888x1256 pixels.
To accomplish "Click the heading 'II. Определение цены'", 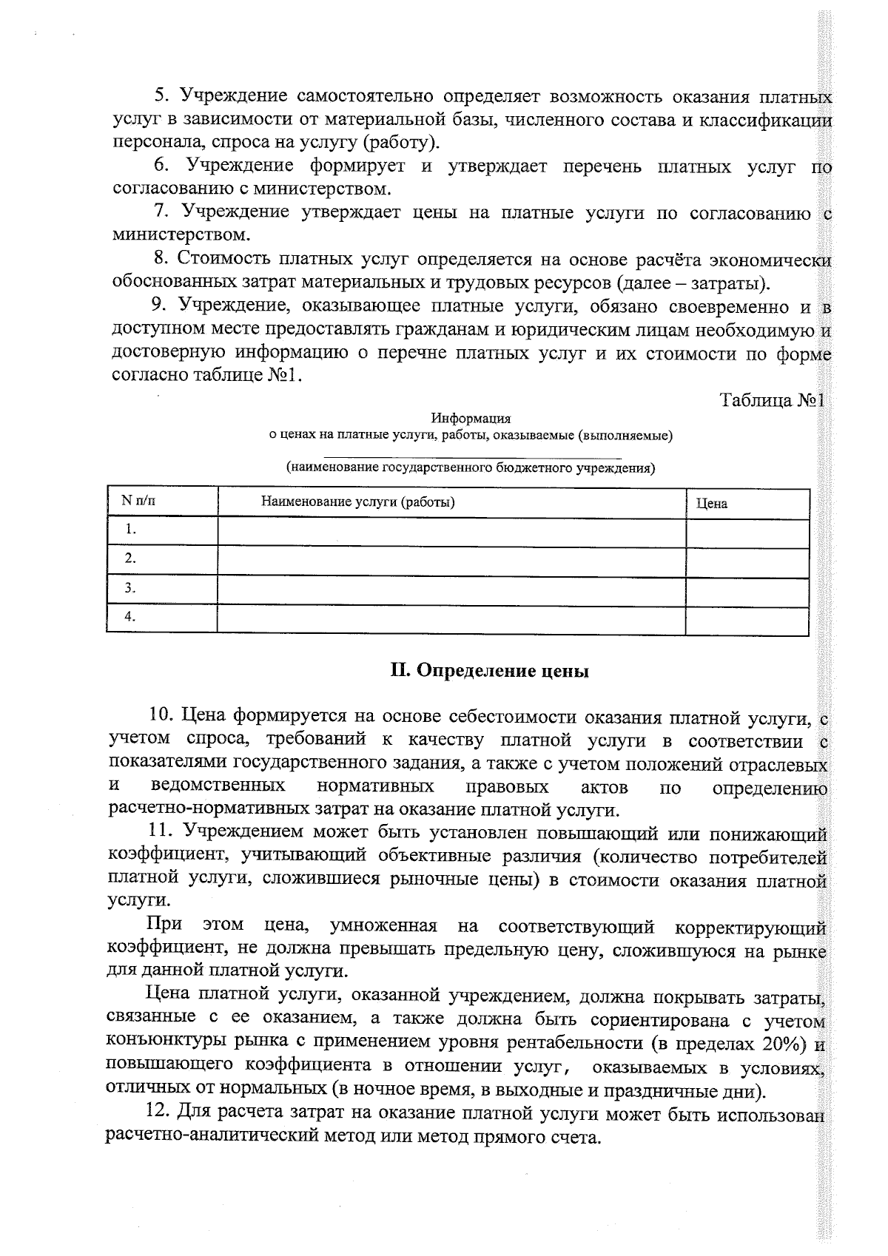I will (x=489, y=671).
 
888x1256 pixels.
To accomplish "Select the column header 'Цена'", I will (x=711, y=504).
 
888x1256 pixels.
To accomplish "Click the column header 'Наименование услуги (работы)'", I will (x=357, y=502).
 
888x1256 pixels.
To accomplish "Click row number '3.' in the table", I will (x=130, y=588).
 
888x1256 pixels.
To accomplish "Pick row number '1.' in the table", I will (x=131, y=529).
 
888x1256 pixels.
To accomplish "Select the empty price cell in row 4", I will (x=747, y=618).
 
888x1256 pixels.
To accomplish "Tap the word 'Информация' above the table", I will (x=471, y=419).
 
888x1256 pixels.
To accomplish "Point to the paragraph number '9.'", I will (x=159, y=305).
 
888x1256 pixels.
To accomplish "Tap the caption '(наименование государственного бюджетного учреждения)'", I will (x=471, y=467).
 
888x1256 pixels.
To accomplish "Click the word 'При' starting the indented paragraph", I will (x=164, y=925).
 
